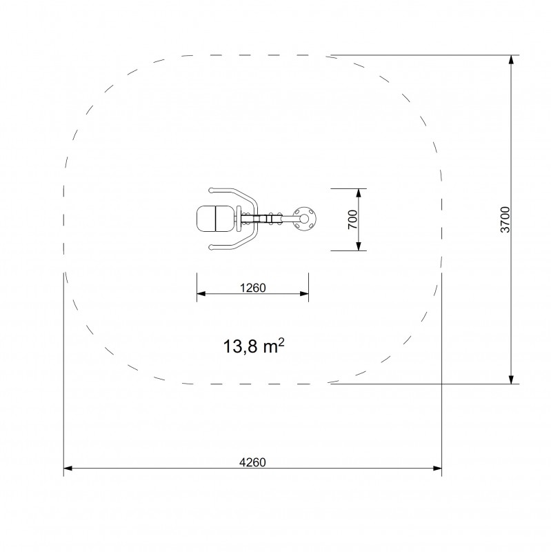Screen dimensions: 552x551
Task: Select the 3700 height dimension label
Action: pos(505,219)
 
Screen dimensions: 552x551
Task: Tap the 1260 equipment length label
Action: pos(252,288)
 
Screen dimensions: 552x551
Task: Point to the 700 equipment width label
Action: pos(352,219)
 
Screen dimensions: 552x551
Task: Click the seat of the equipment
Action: pos(216,219)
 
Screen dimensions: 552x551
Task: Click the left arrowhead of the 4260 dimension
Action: pos(68,469)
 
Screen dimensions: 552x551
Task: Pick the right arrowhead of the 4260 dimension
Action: pos(438,469)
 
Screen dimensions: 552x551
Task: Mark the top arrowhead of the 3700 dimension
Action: pos(511,60)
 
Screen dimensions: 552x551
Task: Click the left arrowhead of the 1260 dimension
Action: pos(201,295)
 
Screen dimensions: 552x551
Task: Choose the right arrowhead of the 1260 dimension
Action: pos(304,295)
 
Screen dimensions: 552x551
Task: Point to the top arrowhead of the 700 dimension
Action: pos(359,193)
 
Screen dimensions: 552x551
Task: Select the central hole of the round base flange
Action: pos(304,219)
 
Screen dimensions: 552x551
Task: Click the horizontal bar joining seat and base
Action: pos(269,219)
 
